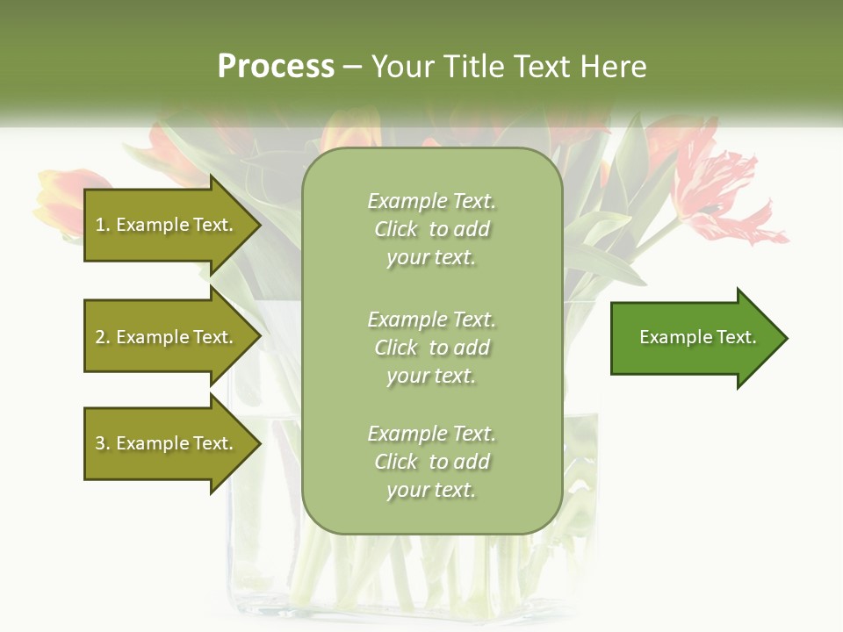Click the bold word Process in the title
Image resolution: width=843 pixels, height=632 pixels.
[x=276, y=67]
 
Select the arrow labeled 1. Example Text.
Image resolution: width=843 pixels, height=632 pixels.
[x=167, y=225]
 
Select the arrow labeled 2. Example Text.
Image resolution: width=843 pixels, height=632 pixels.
[x=167, y=337]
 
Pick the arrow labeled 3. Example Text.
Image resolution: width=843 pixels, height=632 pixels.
[x=167, y=443]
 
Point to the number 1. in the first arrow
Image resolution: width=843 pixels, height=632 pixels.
[x=103, y=225]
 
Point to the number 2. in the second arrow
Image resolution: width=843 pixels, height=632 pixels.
[x=103, y=337]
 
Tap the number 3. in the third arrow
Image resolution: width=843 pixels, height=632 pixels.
[x=103, y=443]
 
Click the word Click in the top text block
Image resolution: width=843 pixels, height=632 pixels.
[x=396, y=230]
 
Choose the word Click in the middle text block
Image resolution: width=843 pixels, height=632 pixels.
[x=396, y=348]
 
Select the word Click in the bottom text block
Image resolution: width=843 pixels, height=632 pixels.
[x=396, y=462]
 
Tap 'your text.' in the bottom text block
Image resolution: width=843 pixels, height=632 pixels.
[x=431, y=491]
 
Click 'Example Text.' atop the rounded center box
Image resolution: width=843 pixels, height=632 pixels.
[x=431, y=201]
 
